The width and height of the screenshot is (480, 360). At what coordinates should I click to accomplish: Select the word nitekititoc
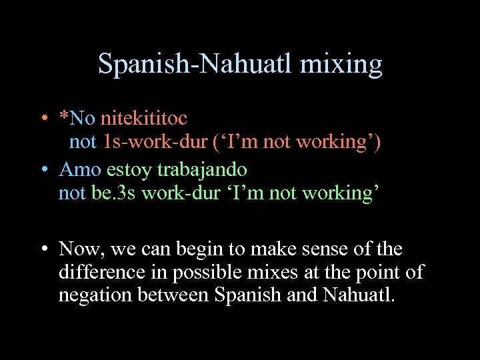click(143, 119)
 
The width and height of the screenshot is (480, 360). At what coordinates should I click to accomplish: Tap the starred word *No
click(77, 119)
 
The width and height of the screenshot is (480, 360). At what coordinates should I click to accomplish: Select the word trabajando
click(202, 170)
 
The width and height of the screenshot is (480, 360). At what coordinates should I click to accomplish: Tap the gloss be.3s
click(116, 193)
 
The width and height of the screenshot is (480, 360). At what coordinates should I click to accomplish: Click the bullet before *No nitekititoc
click(42, 119)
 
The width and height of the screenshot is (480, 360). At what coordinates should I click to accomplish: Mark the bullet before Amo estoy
click(42, 170)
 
